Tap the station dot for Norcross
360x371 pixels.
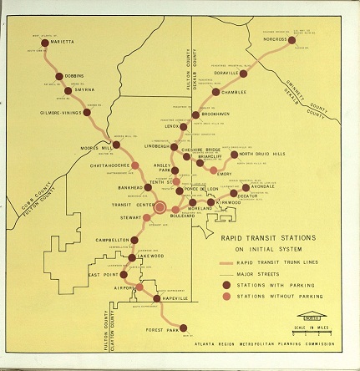pyautogui.click(x=293, y=38)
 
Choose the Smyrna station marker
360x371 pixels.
pyautogui.click(x=70, y=88)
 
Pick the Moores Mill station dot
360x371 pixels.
pyautogui.click(x=116, y=145)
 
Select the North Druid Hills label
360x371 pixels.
pyautogui.click(x=262, y=154)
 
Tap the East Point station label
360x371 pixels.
pyautogui.click(x=104, y=274)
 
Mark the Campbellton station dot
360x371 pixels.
pyautogui.click(x=134, y=239)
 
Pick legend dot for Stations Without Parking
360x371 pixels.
pyautogui.click(x=226, y=296)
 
